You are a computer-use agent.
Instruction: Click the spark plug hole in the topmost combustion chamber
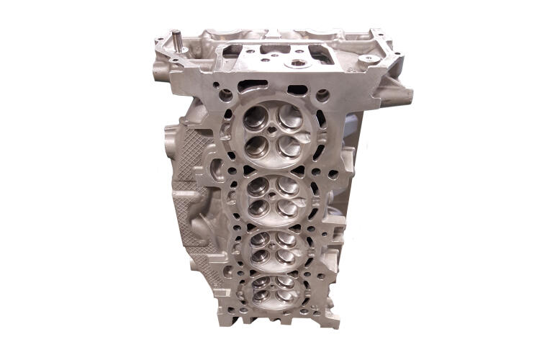(x=272, y=132)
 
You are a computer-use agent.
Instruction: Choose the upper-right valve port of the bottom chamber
(x=286, y=283)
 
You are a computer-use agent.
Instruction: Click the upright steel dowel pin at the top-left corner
(x=175, y=41)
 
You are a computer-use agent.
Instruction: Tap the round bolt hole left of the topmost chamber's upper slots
(x=227, y=94)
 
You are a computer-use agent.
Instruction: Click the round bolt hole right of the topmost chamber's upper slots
(x=322, y=94)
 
